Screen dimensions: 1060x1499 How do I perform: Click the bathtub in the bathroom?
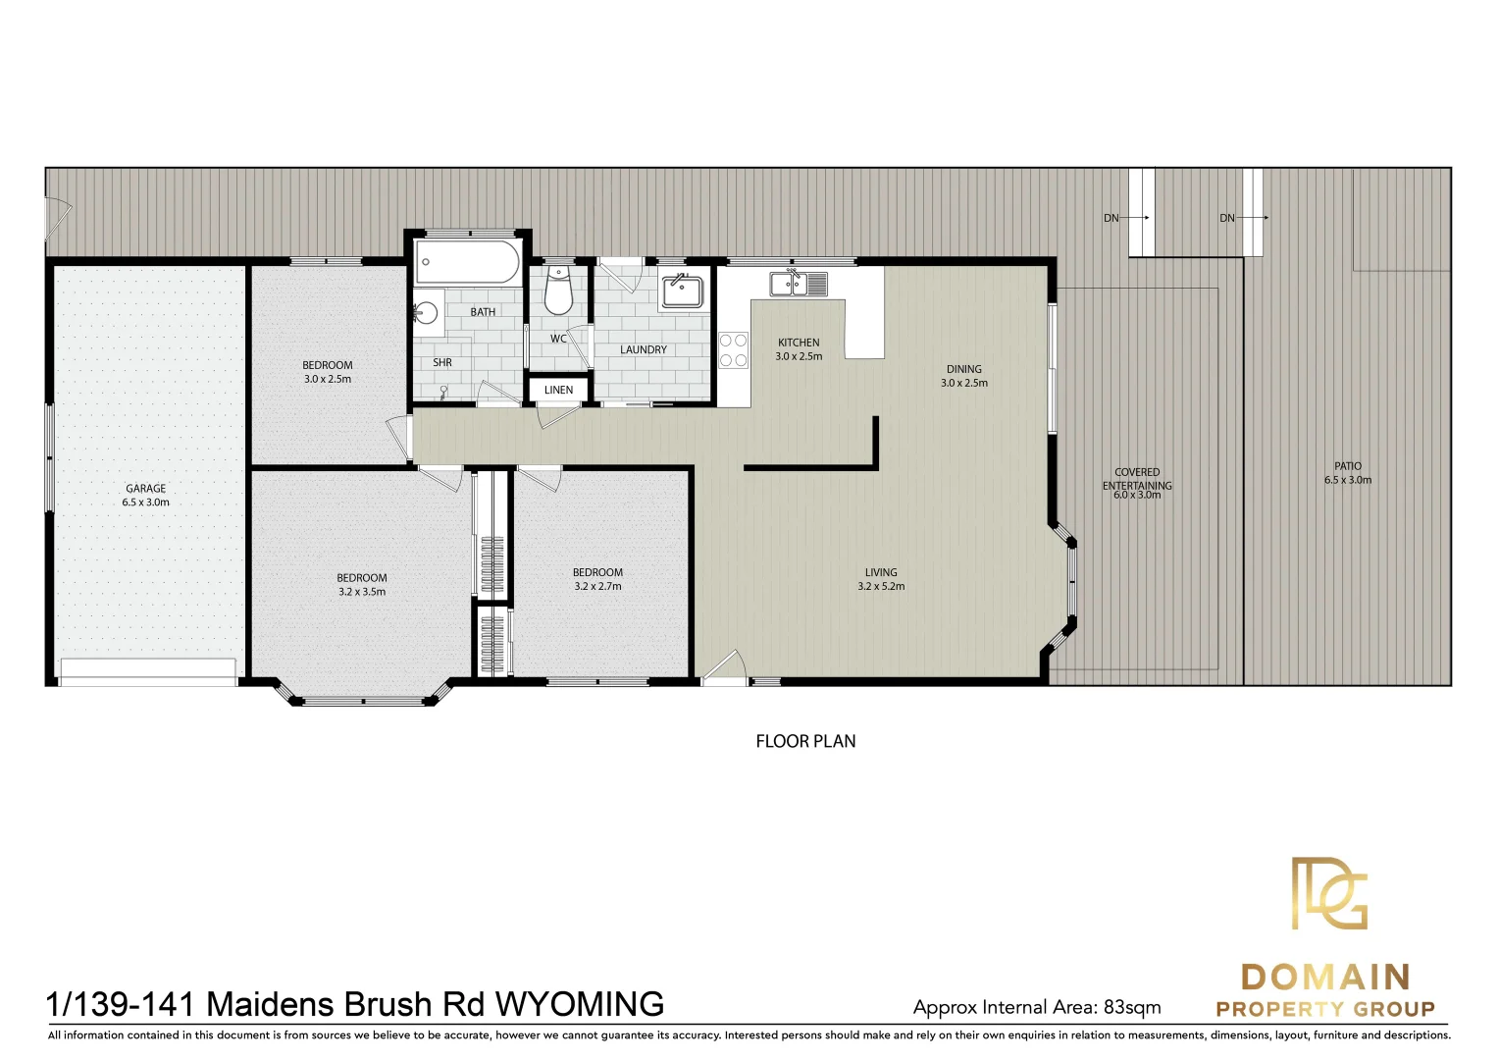pos(467,263)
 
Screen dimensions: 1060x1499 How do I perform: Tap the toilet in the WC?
pos(558,294)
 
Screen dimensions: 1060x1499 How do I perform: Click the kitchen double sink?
pos(798,284)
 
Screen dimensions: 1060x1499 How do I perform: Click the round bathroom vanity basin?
pos(425,312)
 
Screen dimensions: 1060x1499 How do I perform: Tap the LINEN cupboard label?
pos(558,390)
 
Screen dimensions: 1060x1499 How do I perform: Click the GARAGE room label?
pos(145,488)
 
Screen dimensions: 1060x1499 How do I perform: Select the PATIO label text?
pos(1347,466)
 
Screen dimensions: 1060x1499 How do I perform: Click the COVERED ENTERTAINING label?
pos(1137,479)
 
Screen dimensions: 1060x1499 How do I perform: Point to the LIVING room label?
pos(880,572)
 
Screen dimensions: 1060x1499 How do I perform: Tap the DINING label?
pos(963,369)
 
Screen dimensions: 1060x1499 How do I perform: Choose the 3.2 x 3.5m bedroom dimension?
pos(362,592)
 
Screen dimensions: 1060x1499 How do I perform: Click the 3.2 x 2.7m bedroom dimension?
pos(597,586)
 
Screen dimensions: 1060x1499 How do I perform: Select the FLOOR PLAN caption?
pos(805,741)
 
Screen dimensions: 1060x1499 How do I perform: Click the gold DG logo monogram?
pos(1328,893)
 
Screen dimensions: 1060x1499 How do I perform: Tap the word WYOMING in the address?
pos(579,1004)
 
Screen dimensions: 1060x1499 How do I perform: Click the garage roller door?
pos(147,670)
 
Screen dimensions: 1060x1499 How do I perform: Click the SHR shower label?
pos(442,362)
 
